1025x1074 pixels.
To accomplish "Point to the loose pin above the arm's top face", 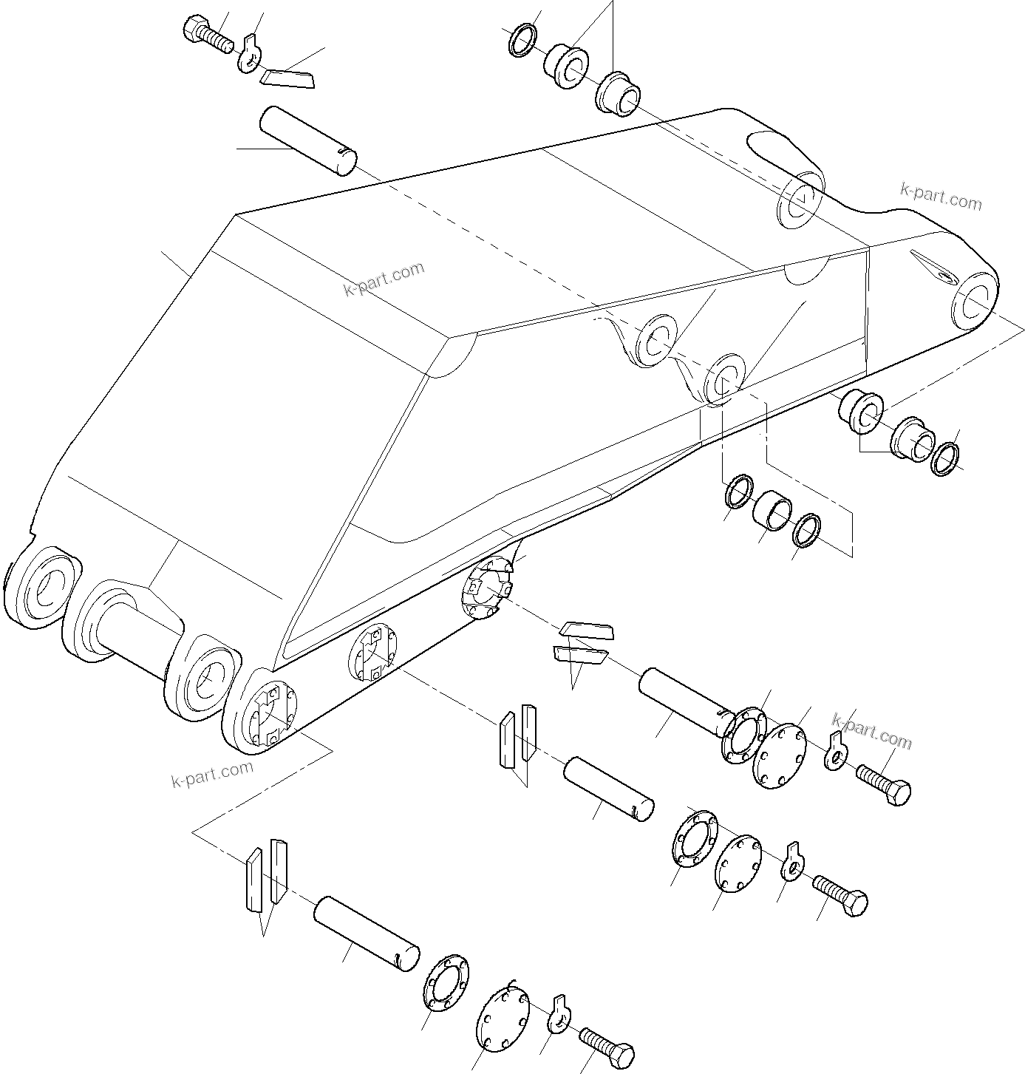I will pos(307,141).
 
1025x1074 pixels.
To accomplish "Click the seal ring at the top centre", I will pos(523,41).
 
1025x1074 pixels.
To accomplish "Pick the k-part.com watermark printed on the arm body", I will pos(384,279).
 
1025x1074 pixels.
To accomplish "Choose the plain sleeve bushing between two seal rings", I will pos(772,511).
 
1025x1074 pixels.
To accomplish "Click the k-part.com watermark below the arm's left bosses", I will pos(211,772).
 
